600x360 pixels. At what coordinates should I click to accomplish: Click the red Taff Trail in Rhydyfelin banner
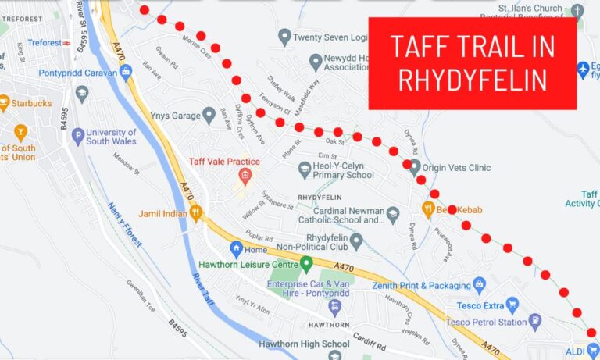tap(472, 62)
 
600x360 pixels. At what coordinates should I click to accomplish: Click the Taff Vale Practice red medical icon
tap(244, 176)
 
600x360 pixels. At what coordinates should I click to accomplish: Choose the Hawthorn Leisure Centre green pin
tap(306, 264)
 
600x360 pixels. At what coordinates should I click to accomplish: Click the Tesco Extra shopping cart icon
tap(512, 305)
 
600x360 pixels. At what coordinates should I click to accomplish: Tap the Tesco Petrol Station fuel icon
tap(535, 322)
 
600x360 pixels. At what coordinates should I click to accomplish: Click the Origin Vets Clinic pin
tap(415, 166)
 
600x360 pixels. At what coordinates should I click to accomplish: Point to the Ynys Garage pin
tap(209, 116)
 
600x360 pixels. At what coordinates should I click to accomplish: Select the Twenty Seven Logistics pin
tap(285, 36)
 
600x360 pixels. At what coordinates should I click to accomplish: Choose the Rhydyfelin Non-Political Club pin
tap(356, 242)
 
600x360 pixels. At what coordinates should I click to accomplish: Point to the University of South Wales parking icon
tap(77, 137)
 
